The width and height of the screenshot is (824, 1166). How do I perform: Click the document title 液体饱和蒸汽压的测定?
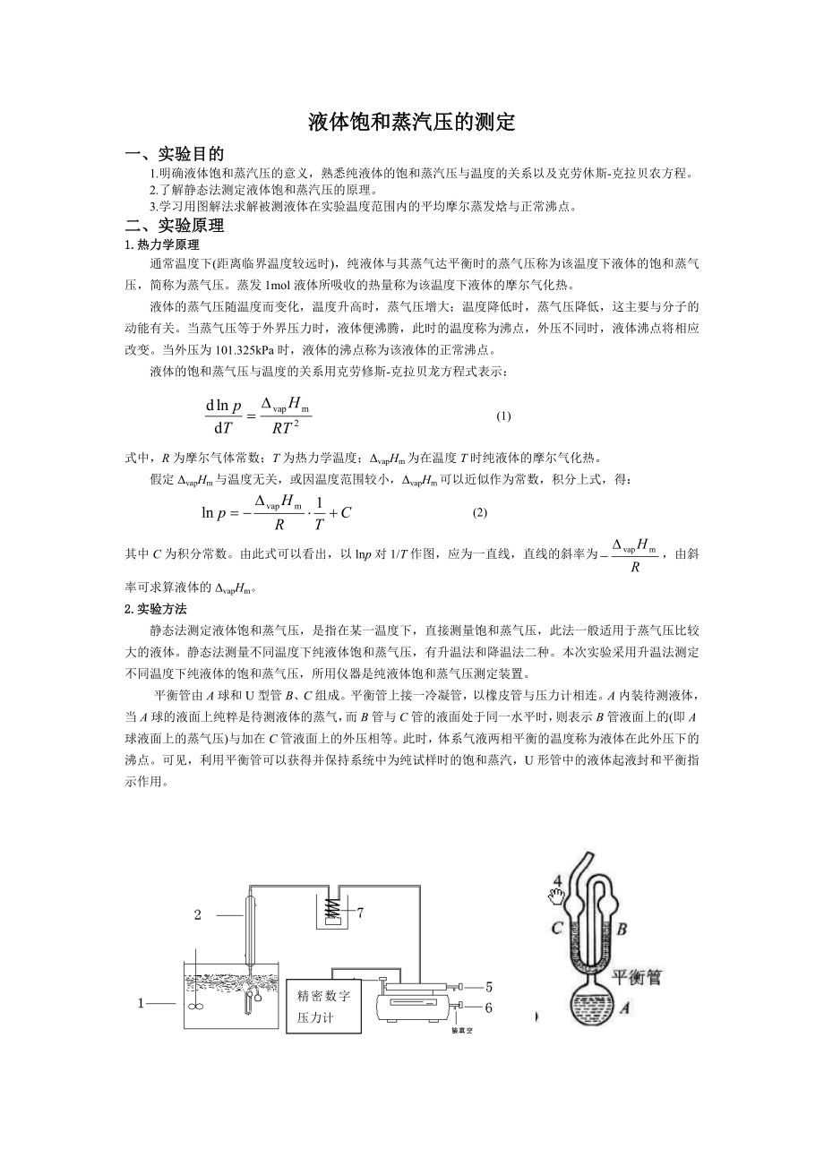(412, 123)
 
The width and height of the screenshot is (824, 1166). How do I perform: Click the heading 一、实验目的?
(175, 154)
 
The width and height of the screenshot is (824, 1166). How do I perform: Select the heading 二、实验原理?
(175, 225)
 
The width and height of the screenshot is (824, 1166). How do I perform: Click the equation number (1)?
(503, 416)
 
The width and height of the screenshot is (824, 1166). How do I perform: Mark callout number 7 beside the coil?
(360, 913)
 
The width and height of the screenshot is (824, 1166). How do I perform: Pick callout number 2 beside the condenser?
(198, 914)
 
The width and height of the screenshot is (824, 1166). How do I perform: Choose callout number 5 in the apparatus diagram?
(489, 988)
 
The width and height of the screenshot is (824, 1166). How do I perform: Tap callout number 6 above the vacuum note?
(489, 1007)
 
